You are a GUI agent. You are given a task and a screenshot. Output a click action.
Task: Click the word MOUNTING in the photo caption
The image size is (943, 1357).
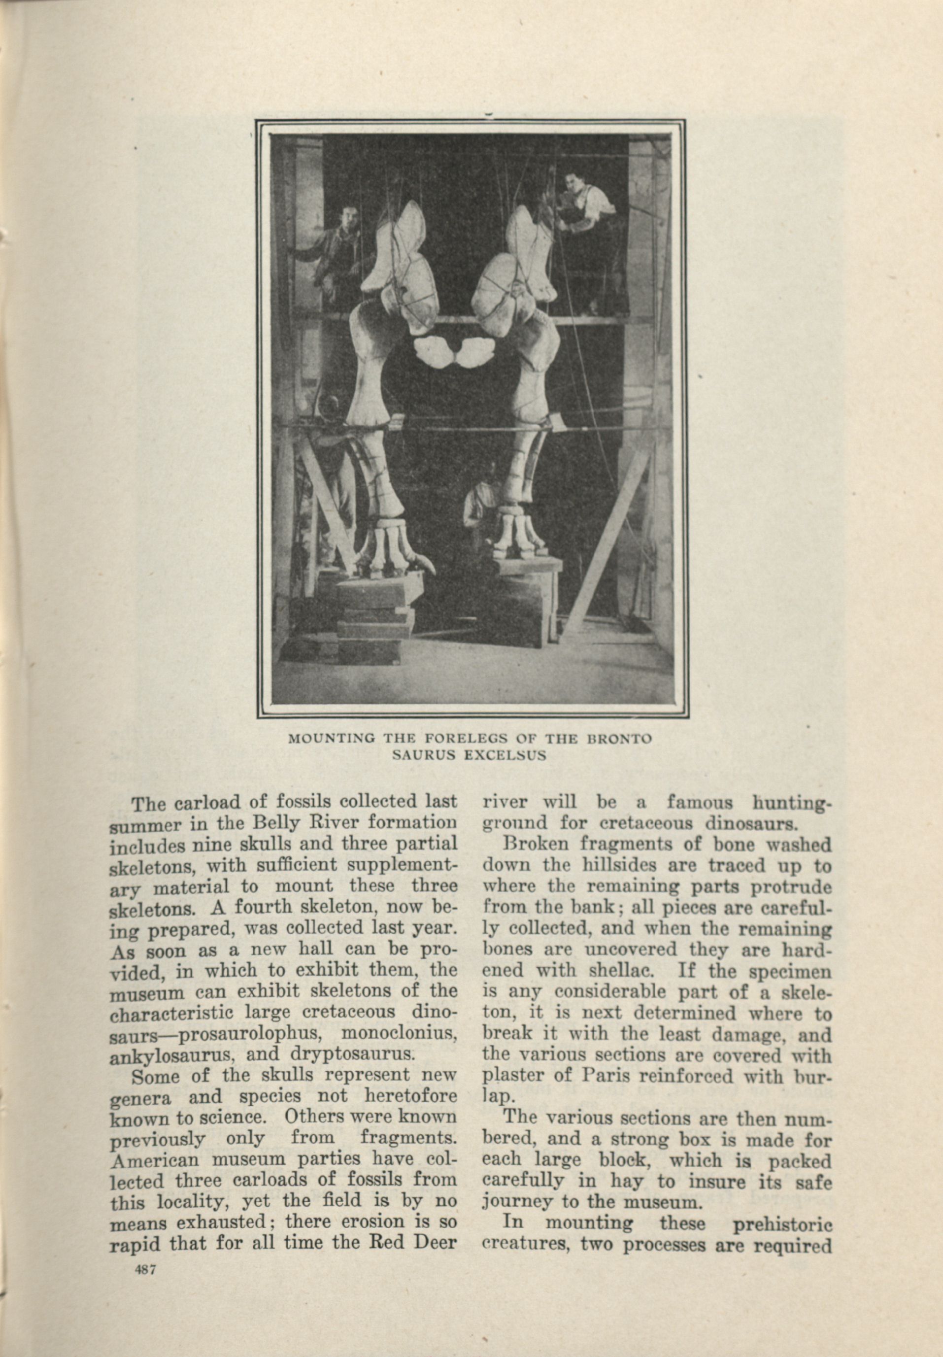323,739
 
